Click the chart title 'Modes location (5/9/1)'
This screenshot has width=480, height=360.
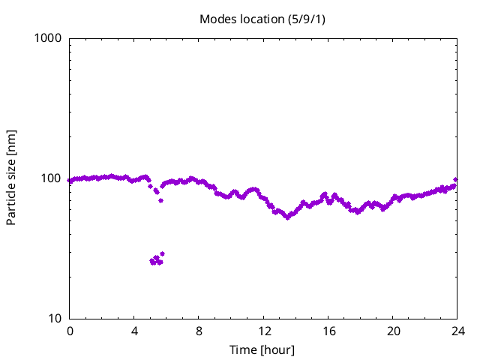262,19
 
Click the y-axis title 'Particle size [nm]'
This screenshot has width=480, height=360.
11,178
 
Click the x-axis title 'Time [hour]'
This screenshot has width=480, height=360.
262,350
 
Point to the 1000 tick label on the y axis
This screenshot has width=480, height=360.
49,38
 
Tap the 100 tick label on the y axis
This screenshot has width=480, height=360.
52,178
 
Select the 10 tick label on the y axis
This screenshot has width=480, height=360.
55,319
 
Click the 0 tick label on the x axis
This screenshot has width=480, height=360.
70,331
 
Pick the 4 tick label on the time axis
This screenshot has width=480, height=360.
134,331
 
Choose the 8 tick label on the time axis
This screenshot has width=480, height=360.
199,331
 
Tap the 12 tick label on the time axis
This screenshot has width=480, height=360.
264,331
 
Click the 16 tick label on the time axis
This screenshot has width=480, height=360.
328,331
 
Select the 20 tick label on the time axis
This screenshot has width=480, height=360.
393,331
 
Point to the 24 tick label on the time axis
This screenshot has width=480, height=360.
457,331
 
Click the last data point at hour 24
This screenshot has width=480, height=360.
456,180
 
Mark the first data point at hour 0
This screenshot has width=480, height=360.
70,181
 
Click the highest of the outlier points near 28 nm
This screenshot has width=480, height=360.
162,253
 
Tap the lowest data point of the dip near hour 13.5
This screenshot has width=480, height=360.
287,217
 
